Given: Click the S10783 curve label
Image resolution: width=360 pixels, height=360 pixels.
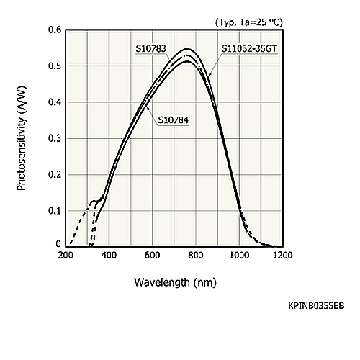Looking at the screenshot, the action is (x=151, y=49).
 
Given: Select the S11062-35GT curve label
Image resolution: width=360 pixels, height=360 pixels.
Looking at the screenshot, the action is (x=249, y=49).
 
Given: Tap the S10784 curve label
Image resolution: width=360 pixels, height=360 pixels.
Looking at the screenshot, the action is (x=174, y=120).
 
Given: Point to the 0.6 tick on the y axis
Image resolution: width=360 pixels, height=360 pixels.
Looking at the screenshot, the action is (x=55, y=30).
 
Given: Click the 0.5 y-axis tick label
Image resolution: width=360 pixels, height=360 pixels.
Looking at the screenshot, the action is (x=55, y=66).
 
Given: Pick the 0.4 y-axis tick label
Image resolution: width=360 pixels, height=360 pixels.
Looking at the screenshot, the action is (x=55, y=102).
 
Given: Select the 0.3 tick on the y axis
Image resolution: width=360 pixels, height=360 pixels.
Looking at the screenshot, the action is (x=55, y=138).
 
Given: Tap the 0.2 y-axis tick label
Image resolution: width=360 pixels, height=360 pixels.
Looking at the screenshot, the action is (x=55, y=175).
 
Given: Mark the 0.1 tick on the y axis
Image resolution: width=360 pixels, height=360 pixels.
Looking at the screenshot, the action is (x=55, y=211).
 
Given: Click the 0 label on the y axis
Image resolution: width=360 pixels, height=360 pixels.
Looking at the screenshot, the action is (x=58, y=244).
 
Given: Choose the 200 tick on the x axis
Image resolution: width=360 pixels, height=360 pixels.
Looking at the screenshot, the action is (x=66, y=255).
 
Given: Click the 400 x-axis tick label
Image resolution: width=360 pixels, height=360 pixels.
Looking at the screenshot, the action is (x=109, y=255).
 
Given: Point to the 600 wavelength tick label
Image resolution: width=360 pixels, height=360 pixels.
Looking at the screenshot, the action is (x=153, y=255).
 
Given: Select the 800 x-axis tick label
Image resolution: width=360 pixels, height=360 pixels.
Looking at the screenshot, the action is (x=196, y=255).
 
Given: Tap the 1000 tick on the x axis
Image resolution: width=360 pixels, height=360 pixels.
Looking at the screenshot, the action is (x=239, y=255).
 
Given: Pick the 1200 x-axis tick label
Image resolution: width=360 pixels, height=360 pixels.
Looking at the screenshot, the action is (x=283, y=255).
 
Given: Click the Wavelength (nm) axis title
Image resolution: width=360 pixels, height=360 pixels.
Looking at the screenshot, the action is (x=175, y=282).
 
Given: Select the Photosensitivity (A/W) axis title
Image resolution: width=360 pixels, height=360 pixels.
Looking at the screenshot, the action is (x=22, y=138).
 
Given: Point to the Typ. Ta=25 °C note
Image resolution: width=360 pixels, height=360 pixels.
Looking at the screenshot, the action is (x=249, y=22).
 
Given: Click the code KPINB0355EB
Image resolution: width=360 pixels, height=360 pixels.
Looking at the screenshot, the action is (x=316, y=306).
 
